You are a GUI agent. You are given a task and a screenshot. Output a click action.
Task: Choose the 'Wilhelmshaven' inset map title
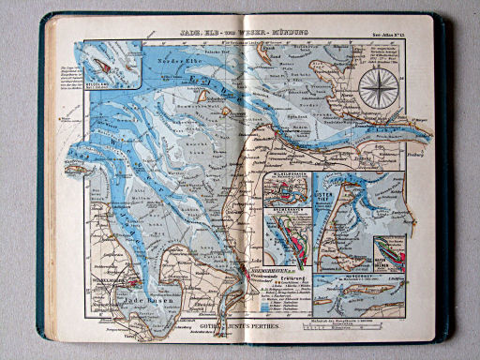(287, 176)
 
